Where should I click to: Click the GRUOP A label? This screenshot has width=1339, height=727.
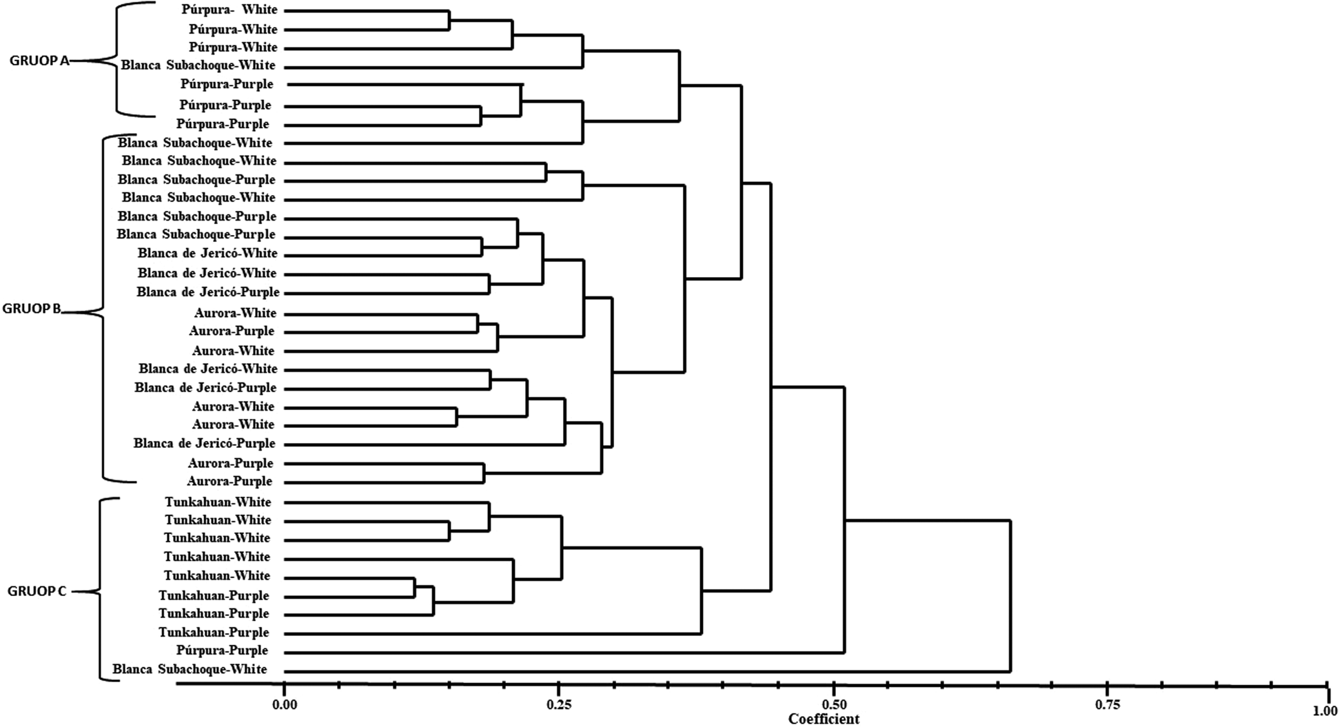(x=39, y=61)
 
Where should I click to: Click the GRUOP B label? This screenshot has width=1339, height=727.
(x=32, y=309)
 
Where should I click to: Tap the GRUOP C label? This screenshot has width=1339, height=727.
(x=37, y=591)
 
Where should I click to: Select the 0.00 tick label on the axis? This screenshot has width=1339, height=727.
(x=284, y=704)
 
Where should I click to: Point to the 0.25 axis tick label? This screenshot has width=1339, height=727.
(x=559, y=704)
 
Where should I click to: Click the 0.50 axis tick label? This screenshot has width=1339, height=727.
(x=834, y=704)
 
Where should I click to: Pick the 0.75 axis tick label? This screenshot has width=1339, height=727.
(x=1107, y=704)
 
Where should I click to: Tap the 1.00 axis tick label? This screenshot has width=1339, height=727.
(x=1325, y=710)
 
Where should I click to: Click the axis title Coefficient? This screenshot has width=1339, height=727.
(x=824, y=719)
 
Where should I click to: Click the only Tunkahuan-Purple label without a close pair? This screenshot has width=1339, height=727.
(x=214, y=633)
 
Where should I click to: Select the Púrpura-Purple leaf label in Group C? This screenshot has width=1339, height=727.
(x=222, y=651)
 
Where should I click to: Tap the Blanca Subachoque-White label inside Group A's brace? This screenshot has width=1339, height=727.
(x=198, y=65)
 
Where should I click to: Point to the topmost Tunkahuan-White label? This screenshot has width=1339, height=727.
(x=218, y=502)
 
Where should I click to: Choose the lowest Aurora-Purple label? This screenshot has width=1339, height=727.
(x=229, y=481)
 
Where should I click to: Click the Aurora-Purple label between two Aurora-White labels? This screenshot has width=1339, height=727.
(x=232, y=331)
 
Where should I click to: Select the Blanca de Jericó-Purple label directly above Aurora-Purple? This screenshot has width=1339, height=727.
(x=204, y=444)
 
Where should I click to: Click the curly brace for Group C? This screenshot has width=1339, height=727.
(x=101, y=591)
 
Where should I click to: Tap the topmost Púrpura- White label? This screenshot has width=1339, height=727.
(x=229, y=10)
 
